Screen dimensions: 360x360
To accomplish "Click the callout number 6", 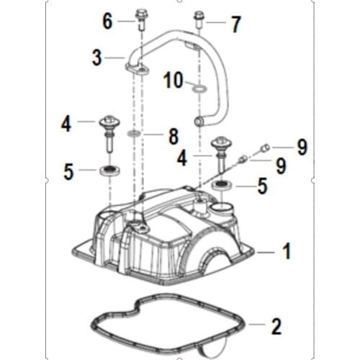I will pos(107,21).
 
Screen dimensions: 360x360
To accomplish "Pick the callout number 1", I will pos(286,251).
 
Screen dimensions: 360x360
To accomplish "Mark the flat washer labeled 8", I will pos(134,134).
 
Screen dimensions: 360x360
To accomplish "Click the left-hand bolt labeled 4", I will pos(109,129).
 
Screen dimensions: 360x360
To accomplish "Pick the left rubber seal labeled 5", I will pos(109,170).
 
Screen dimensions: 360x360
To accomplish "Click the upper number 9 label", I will pos(302,147).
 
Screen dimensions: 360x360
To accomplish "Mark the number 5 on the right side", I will pos(262,188).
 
